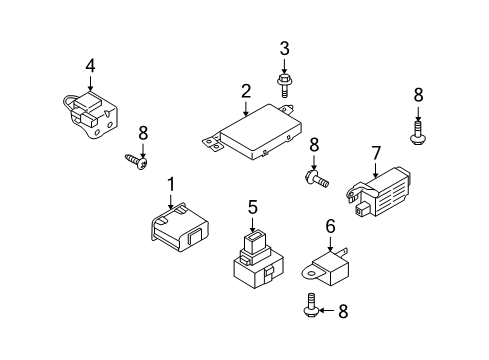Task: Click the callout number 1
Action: [x=171, y=184]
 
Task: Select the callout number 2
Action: [x=246, y=91]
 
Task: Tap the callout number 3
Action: [x=284, y=49]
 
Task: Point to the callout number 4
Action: [x=90, y=66]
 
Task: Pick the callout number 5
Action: [x=253, y=207]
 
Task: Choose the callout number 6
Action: [x=330, y=227]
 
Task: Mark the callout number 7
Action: [x=376, y=153]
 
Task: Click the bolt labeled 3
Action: [x=284, y=86]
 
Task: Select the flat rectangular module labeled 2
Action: [x=252, y=132]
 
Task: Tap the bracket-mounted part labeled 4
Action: [x=91, y=114]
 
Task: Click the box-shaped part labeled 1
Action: [x=178, y=226]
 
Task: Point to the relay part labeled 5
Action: [x=257, y=261]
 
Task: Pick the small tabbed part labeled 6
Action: [x=327, y=267]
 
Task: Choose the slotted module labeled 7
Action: [x=378, y=192]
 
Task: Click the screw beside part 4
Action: [x=137, y=162]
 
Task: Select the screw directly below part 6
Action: [x=311, y=305]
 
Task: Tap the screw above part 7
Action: [x=418, y=133]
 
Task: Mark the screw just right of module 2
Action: [x=317, y=178]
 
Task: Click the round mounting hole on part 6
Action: [x=311, y=274]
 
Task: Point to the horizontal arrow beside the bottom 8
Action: [x=327, y=311]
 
